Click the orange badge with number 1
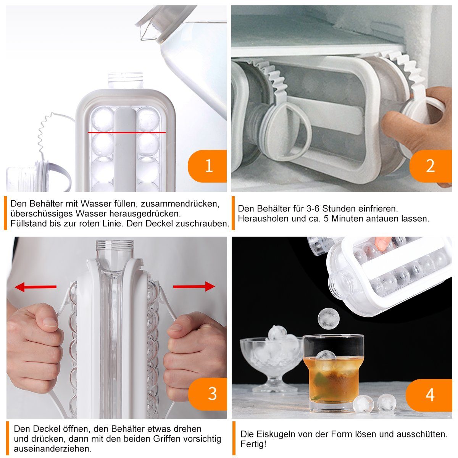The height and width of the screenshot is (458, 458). [207, 166]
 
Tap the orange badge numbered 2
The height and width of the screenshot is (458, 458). [431, 166]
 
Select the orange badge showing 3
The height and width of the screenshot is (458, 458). [208, 394]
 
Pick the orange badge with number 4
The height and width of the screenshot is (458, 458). [429, 395]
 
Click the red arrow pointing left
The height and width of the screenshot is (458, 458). [35, 287]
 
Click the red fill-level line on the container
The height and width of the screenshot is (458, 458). [127, 132]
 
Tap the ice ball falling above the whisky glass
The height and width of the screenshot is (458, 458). [329, 318]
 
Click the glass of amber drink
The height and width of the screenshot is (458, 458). [334, 373]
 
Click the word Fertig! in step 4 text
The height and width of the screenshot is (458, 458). [253, 444]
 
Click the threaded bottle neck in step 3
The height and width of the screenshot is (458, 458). [115, 249]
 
